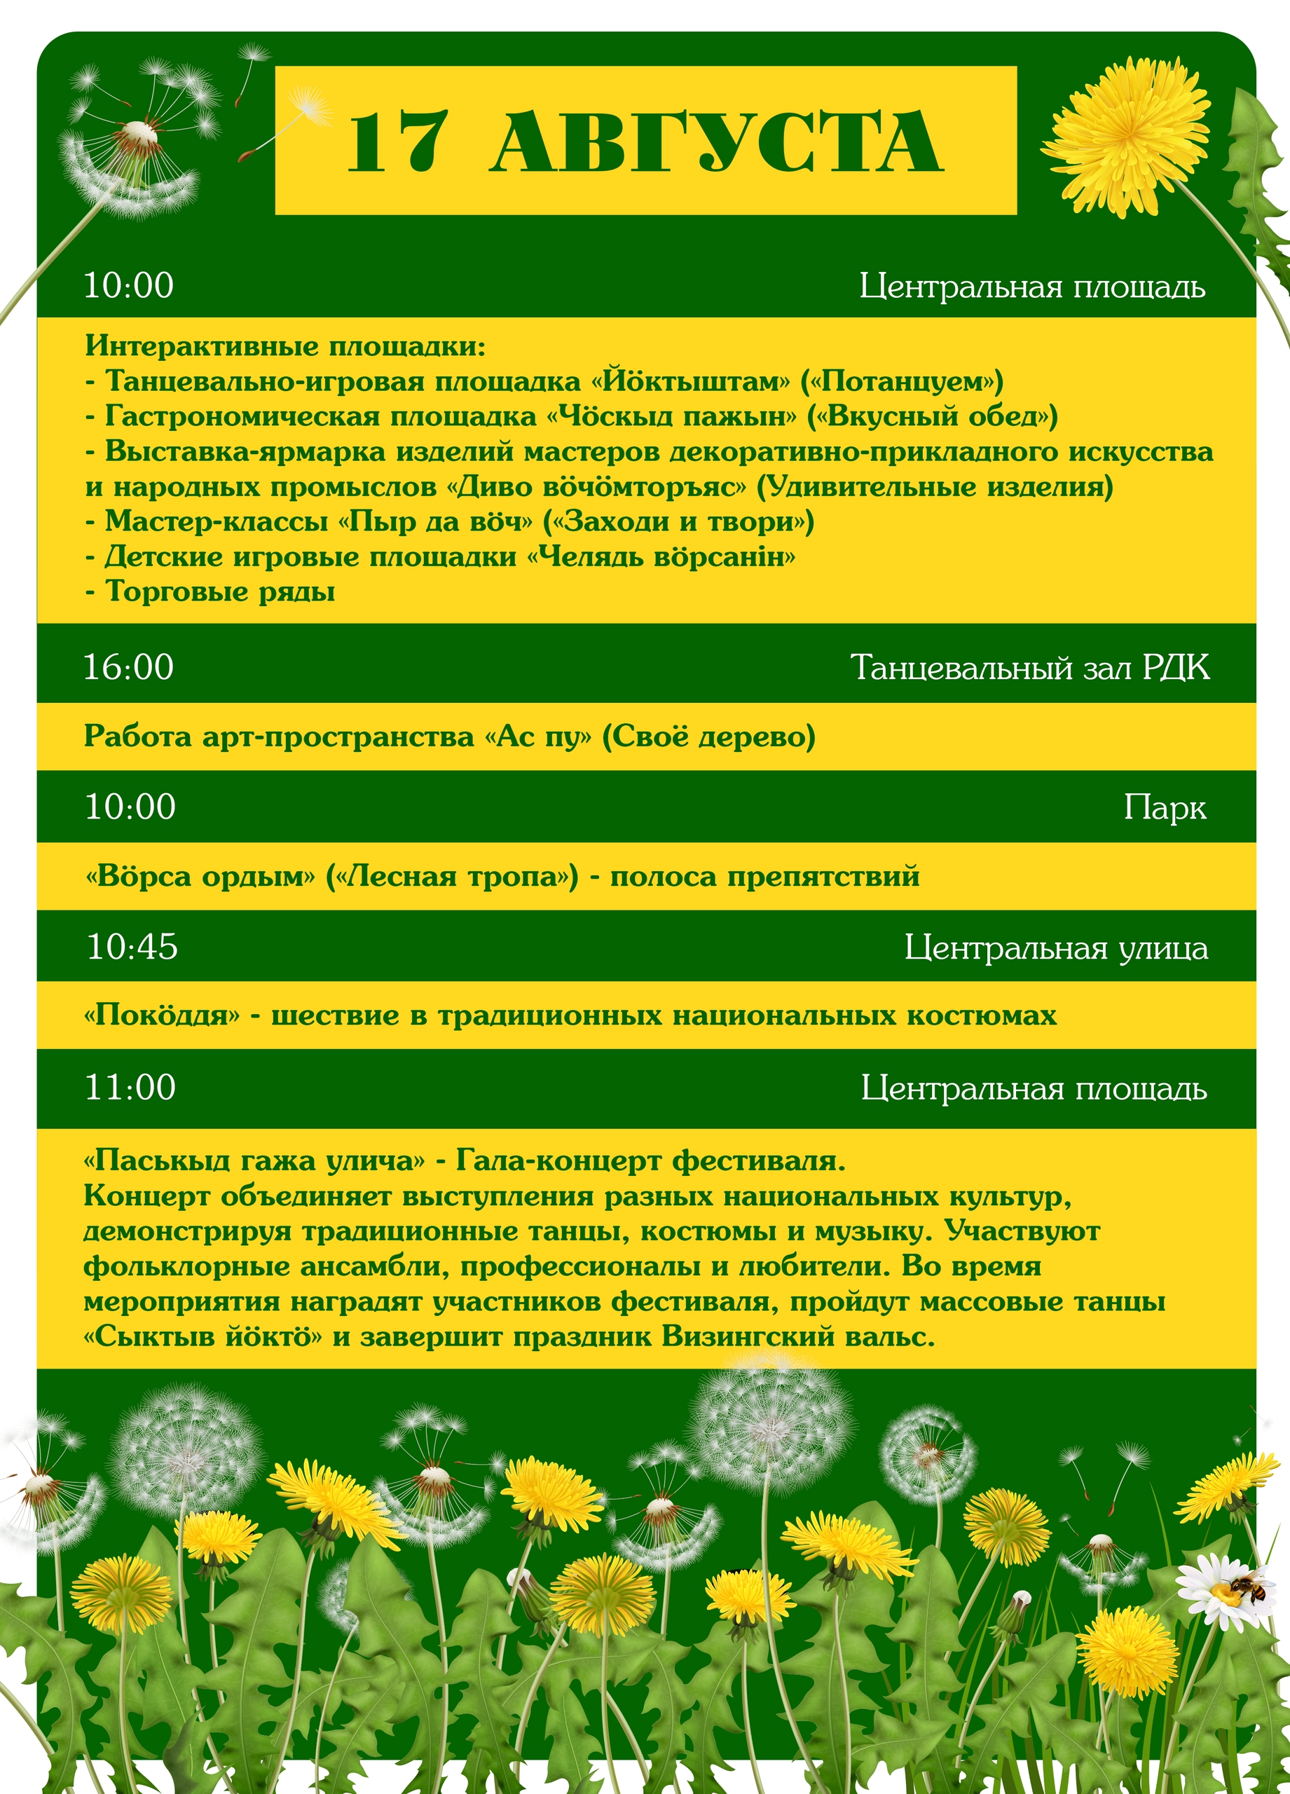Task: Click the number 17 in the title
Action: point(398,142)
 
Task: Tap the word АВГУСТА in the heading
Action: point(716,142)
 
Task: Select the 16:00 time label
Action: point(129,667)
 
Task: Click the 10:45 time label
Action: point(132,947)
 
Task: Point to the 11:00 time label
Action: point(130,1087)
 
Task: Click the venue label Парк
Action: point(1165,807)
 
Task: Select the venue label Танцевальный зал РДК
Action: point(1030,668)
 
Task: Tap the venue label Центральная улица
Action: point(1056,947)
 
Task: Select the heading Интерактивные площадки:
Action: point(285,345)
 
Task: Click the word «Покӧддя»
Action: point(161,1015)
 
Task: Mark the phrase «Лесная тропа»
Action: point(453,877)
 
